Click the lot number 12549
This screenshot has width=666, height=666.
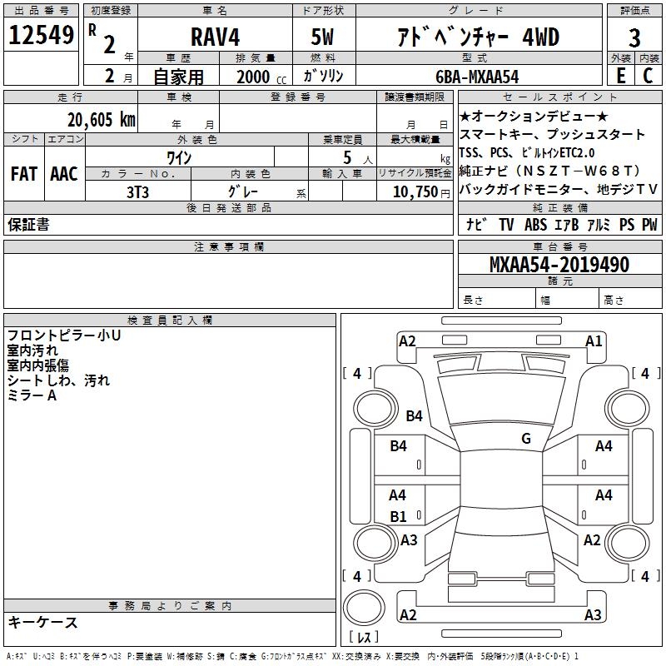tap(41, 35)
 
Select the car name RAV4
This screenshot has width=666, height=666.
tap(216, 37)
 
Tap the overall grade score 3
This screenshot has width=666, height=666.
tap(634, 37)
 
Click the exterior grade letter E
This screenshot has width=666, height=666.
tap(621, 76)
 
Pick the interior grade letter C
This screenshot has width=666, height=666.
tap(648, 76)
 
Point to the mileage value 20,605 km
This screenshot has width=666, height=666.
tap(102, 120)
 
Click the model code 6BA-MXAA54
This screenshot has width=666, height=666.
tap(477, 77)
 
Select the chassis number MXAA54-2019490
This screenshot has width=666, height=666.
tap(559, 265)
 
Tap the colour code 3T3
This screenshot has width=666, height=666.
tap(137, 192)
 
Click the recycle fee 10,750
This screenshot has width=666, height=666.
tap(415, 192)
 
